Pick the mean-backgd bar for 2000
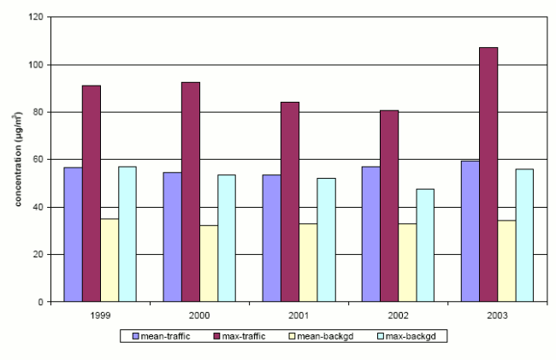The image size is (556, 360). pos(209,263)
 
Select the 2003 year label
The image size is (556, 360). pos(497,315)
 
